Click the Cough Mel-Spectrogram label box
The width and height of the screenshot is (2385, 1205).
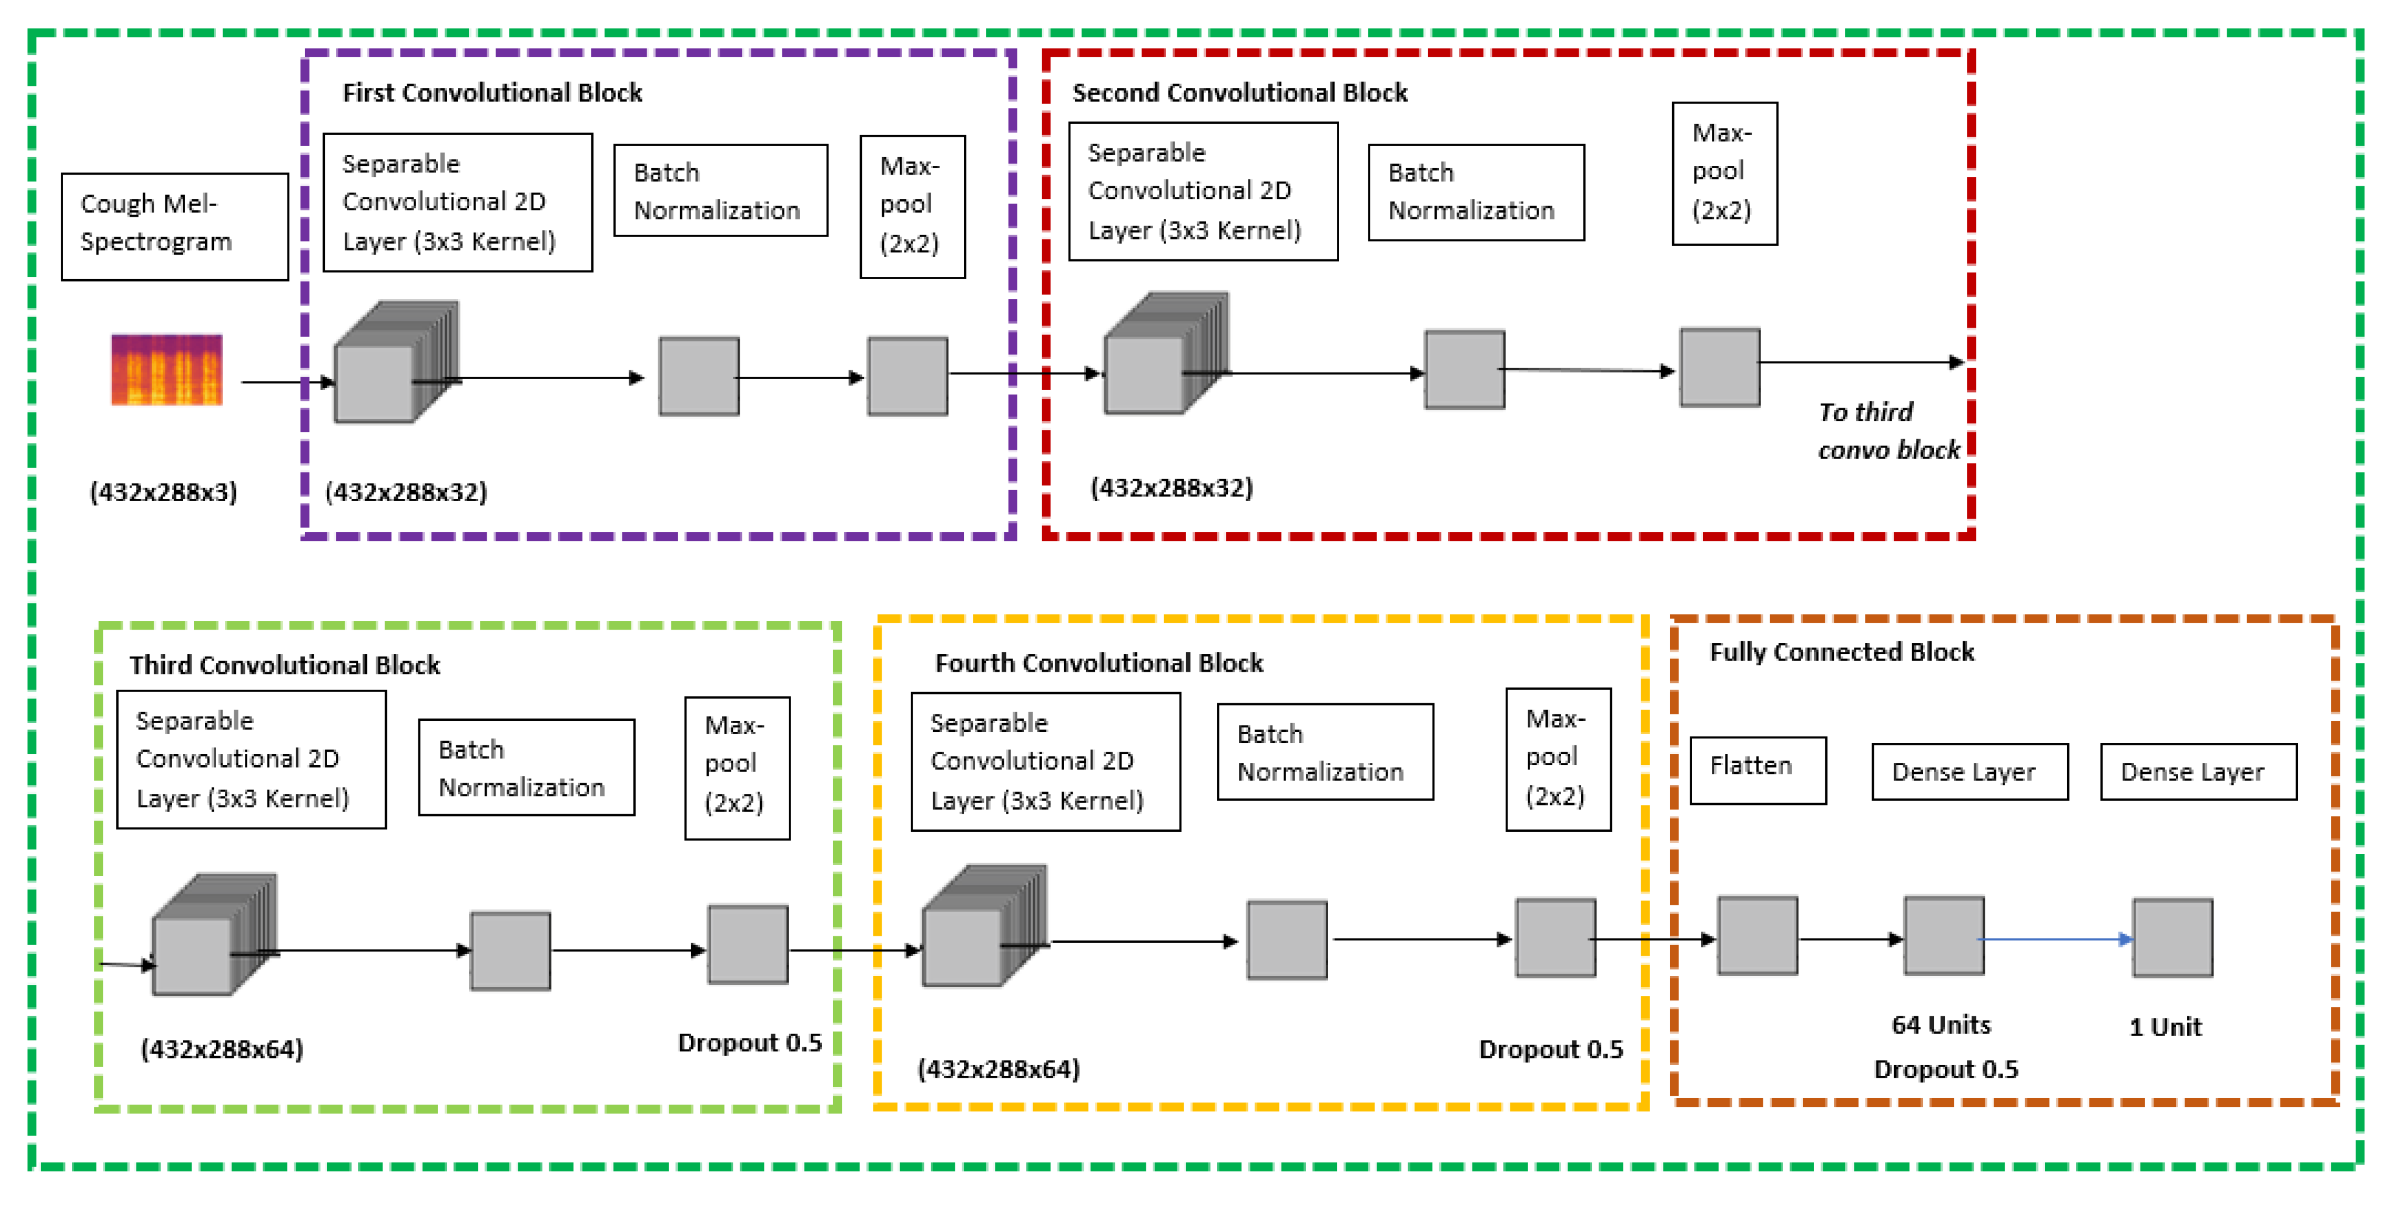174,226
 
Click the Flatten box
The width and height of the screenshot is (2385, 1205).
1757,769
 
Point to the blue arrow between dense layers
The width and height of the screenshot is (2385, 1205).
2055,939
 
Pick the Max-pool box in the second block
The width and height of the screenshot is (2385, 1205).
1724,173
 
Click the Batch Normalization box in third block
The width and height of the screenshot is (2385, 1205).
526,768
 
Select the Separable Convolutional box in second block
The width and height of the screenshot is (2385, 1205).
1202,192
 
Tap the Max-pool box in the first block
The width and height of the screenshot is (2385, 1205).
912,206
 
